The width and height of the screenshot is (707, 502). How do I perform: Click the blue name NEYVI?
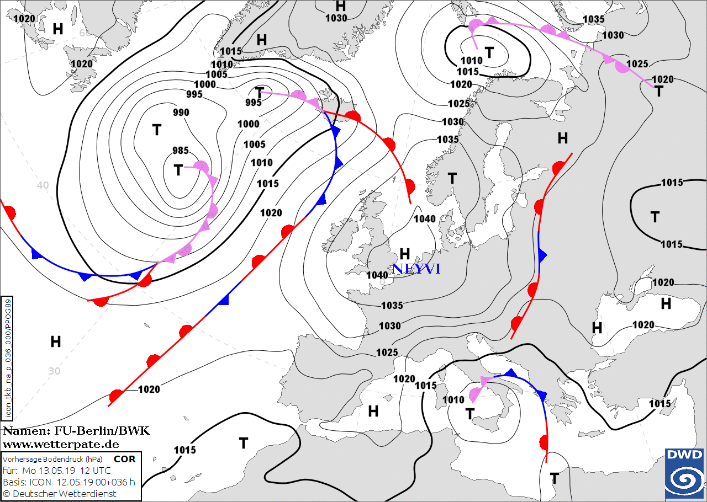point(416,269)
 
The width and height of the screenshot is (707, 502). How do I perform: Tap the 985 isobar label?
point(181,150)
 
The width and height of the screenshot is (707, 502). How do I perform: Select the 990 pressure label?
point(181,113)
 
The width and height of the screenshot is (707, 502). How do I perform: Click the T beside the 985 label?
point(178,170)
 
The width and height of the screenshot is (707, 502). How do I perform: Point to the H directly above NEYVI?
point(405,254)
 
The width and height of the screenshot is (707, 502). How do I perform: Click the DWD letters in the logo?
point(685,455)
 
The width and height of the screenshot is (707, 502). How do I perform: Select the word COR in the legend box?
point(125,459)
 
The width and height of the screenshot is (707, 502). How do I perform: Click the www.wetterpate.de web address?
point(61,444)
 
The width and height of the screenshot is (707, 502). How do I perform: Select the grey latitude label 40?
point(43,185)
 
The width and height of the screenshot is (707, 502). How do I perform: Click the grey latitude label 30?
point(54,371)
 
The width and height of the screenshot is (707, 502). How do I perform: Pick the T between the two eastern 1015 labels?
point(655,217)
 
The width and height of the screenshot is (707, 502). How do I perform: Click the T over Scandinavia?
point(452,178)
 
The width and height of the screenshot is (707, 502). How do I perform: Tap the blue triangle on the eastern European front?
point(542,255)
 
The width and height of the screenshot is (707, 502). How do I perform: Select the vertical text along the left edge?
point(8,357)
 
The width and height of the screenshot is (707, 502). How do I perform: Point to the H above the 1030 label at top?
point(341,6)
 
